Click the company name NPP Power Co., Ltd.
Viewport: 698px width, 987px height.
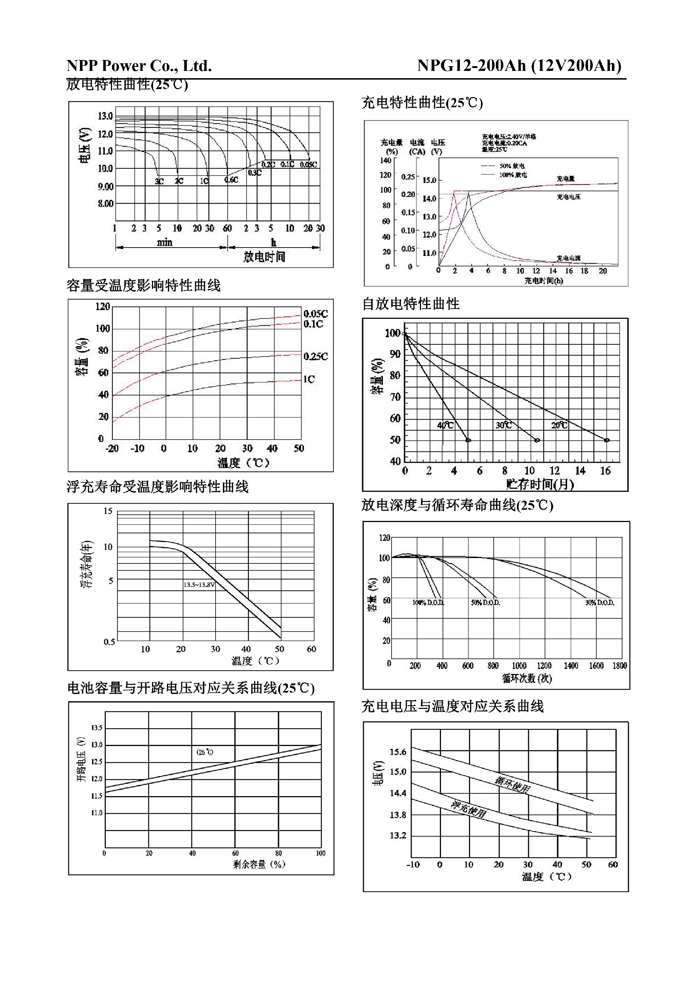[139, 66]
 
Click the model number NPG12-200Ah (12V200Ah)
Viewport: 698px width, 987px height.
[519, 65]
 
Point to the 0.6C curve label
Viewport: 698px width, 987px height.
[231, 180]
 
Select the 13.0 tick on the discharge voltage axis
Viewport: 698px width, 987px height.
[105, 116]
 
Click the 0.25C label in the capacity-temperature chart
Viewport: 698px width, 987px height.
[316, 356]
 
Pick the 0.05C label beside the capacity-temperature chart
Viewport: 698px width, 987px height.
[316, 313]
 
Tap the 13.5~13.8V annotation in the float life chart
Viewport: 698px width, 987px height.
[199, 585]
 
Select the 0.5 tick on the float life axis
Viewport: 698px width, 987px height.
[109, 642]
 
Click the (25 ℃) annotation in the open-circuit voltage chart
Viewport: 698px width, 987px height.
[205, 752]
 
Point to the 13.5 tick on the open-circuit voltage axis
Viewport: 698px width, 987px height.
[97, 728]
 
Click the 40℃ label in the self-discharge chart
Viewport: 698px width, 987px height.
[445, 425]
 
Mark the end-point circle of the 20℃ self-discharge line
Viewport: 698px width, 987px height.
[607, 440]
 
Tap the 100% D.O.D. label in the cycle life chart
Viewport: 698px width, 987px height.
[428, 603]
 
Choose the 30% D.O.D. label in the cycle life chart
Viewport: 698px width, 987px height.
[599, 603]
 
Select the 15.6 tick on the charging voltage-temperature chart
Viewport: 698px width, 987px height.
[398, 752]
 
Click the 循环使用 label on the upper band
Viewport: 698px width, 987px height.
[512, 785]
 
